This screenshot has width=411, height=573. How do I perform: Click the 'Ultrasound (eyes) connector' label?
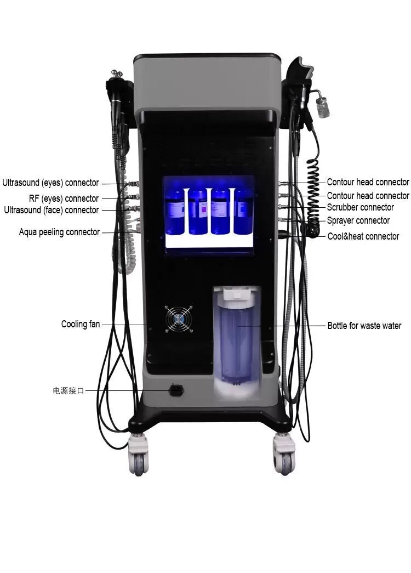tap(50, 183)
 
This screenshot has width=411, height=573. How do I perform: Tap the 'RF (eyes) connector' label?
tap(64, 198)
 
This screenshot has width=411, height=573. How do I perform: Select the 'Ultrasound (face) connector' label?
tap(52, 210)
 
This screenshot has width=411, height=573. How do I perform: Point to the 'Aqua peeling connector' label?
tap(59, 232)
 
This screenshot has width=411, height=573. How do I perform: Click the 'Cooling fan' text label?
tap(81, 325)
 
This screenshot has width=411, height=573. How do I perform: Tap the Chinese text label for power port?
tap(68, 391)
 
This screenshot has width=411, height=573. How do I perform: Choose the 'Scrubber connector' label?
tap(360, 207)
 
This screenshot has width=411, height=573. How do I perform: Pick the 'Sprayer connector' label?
tap(358, 220)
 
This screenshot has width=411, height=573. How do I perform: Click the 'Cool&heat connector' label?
tap(363, 236)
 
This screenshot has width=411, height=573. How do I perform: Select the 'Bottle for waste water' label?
tap(364, 326)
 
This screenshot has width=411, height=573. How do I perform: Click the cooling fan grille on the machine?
tap(179, 318)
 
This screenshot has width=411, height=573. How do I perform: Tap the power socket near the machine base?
tap(176, 390)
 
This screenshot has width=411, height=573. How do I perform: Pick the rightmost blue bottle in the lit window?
tap(243, 211)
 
